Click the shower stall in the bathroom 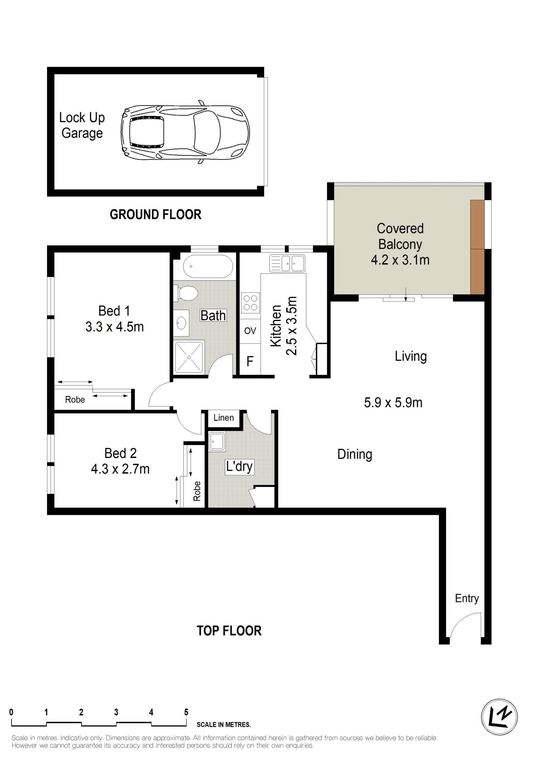189,357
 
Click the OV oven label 250,331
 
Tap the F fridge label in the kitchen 250,362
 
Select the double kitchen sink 287,264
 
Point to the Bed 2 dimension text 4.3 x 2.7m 120,469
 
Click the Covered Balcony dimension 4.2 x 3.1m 400,260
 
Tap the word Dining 355,454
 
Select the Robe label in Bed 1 75,399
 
